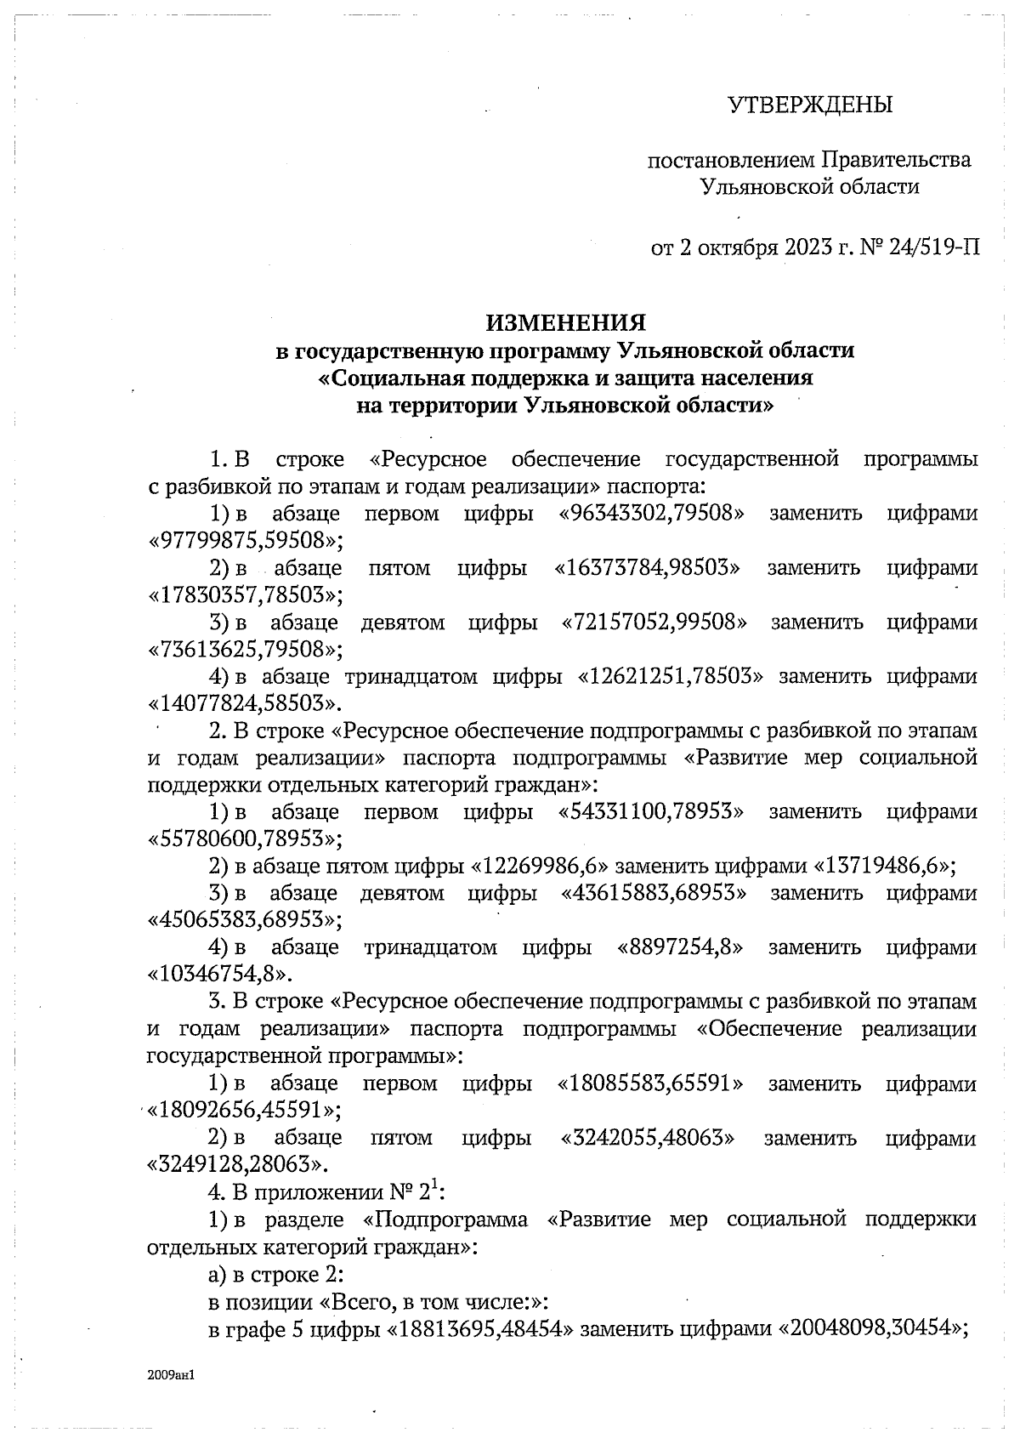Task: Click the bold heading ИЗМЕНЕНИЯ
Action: pos(565,322)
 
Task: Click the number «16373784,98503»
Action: pos(648,568)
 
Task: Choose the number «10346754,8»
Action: pos(221,975)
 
